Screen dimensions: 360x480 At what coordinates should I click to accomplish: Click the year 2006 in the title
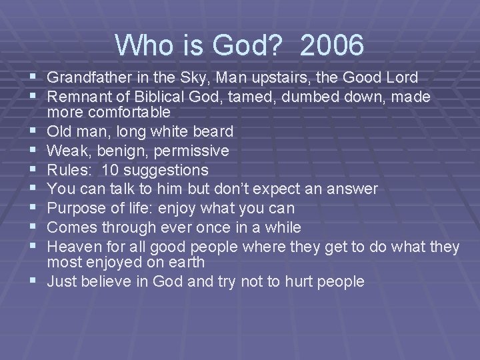click(x=332, y=46)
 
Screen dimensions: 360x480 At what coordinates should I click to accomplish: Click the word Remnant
click(x=79, y=97)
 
